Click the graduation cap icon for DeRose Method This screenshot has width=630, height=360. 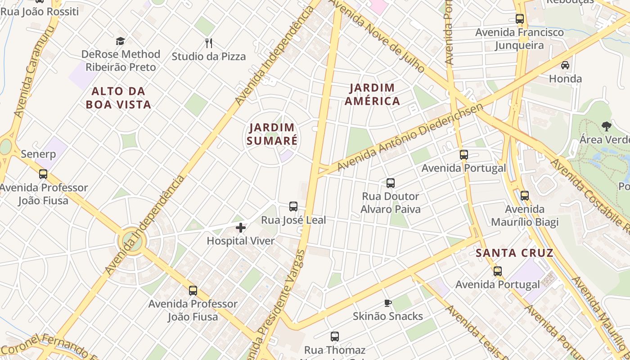(120, 41)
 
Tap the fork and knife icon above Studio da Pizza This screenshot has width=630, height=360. (208, 43)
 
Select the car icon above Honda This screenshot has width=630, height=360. (565, 65)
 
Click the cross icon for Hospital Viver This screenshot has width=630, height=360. (241, 228)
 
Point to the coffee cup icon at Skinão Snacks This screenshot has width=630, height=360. (387, 303)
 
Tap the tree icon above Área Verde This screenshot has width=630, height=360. (606, 126)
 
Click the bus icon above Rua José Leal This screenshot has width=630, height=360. (293, 207)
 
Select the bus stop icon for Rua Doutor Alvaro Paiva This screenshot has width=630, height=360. (391, 183)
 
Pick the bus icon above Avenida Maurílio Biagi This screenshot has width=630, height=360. (524, 196)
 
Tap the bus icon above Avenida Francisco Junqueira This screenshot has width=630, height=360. (520, 19)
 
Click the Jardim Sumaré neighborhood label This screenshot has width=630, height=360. (272, 134)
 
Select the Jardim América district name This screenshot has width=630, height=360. (372, 94)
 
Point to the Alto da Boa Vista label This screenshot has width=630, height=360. (118, 98)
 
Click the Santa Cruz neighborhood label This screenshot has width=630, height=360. (514, 253)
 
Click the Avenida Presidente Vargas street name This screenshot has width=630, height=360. (279, 301)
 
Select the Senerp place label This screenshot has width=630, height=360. (38, 154)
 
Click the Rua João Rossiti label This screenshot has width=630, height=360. (40, 11)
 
